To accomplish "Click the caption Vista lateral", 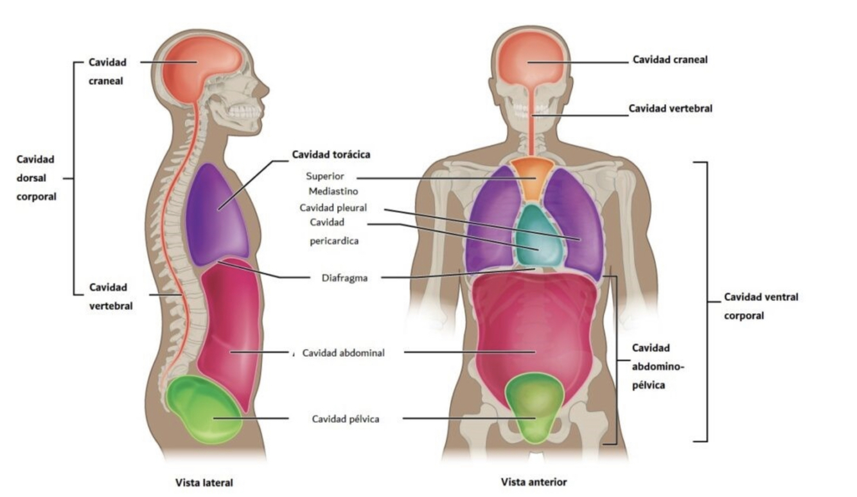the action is point(204,482).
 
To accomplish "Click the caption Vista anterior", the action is point(534,481).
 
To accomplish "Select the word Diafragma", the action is point(344,278).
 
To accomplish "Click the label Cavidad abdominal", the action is point(343,352).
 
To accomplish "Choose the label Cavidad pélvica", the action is point(346,419).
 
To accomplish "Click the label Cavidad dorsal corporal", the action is point(37,177).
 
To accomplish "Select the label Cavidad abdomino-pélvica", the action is point(658,367).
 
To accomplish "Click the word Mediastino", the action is point(333,191).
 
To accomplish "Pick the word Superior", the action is point(324,176).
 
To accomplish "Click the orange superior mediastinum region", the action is point(531,177).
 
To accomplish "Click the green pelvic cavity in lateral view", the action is point(202,409).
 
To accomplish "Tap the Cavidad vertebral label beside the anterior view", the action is point(670,109).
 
